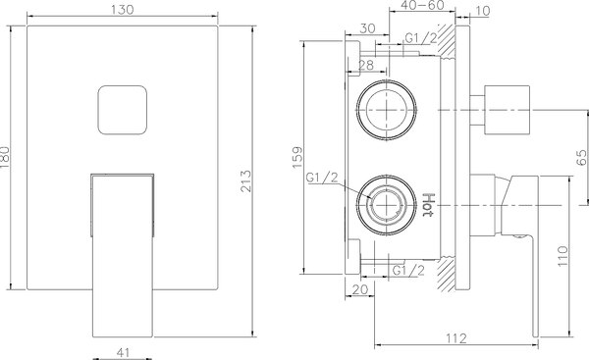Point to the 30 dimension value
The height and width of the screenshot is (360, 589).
pos(366,29)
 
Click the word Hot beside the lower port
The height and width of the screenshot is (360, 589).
pos(429,204)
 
